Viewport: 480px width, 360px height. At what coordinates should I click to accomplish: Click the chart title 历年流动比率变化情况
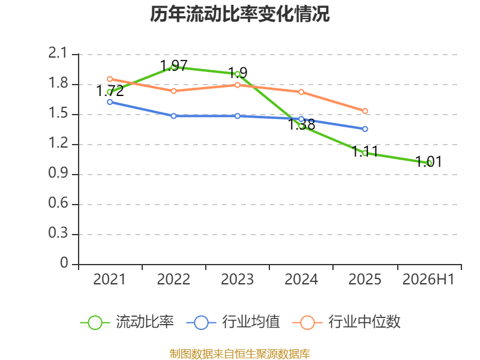239,14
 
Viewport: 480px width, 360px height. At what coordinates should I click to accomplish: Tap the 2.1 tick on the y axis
58,53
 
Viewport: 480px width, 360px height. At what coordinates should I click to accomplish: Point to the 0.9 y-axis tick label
58,173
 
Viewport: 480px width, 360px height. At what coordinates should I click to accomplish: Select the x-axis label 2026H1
428,279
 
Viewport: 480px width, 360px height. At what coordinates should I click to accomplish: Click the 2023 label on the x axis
237,279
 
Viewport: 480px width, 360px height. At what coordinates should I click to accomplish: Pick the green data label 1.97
173,65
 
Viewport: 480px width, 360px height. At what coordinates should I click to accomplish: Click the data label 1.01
428,161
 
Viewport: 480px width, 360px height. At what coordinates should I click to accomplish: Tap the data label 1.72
110,91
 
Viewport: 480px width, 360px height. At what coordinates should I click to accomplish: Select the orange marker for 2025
365,111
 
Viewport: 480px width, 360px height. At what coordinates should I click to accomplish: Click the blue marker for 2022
173,116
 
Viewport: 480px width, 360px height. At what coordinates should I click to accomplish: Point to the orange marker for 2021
110,79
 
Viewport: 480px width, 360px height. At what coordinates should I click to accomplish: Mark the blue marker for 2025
365,129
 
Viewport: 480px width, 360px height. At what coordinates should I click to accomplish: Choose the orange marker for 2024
301,92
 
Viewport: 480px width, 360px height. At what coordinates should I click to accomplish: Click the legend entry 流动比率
127,322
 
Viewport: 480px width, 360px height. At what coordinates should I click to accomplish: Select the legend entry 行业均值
233,322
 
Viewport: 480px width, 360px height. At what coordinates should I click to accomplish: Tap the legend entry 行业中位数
347,322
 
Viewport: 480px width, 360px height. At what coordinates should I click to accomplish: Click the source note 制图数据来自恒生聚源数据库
239,354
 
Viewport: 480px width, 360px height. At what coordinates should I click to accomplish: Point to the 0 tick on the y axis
64,263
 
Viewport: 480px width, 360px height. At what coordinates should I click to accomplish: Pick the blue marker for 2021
110,102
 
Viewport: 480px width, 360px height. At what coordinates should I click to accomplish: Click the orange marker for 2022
173,91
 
